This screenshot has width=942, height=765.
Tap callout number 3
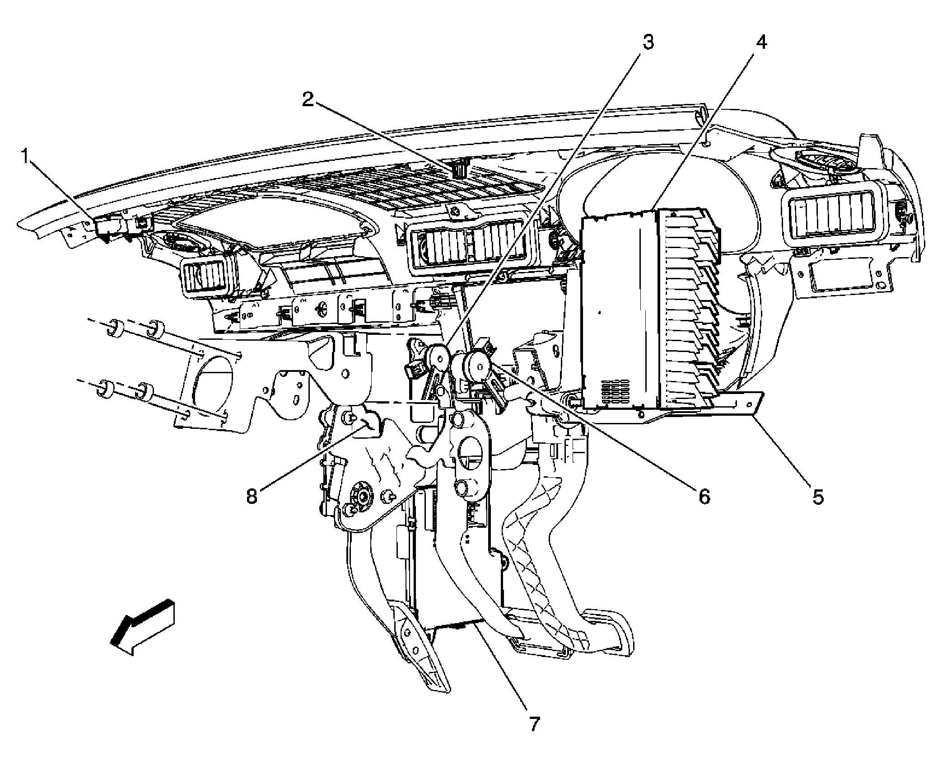click(648, 43)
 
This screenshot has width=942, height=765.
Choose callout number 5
click(818, 497)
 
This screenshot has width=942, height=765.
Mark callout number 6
click(704, 497)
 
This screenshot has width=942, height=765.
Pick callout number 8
click(252, 497)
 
